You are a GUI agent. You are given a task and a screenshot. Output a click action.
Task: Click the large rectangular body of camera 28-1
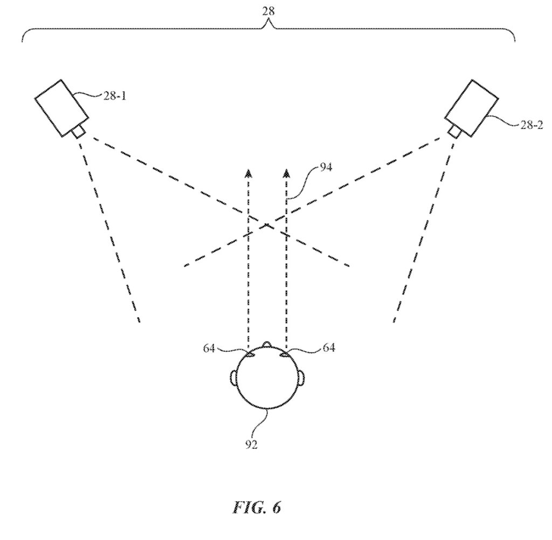pos(61,107)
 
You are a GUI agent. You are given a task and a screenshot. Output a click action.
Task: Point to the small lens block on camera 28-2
pos(454,131)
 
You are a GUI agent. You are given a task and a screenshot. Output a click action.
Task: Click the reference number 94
pos(325,167)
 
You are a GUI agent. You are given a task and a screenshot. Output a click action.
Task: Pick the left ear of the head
pos(234,377)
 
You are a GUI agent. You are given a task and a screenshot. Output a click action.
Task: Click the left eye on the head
pos(251,354)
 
